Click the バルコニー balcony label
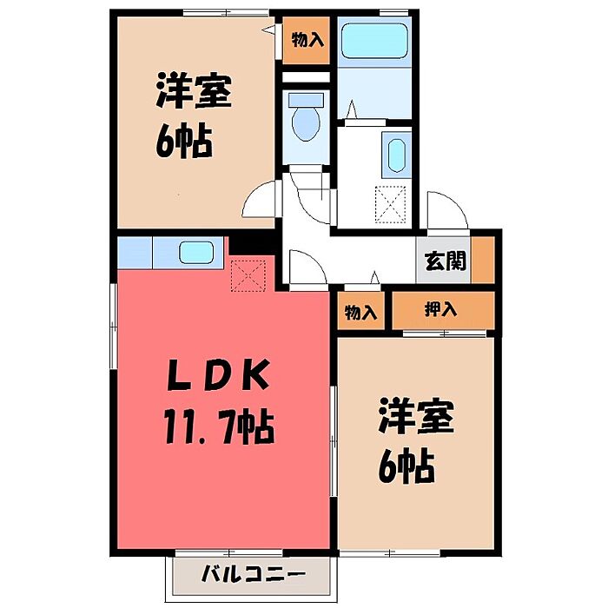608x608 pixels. click(254, 575)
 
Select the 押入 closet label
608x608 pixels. click(441, 310)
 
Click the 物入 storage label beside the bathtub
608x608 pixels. click(307, 40)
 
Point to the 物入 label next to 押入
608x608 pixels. click(360, 312)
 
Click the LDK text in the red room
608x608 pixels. click(218, 374)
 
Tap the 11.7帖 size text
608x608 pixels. click(219, 427)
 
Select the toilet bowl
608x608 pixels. click(306, 123)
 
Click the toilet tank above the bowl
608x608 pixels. click(306, 99)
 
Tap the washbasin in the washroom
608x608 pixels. click(396, 155)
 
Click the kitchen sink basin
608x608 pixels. click(196, 253)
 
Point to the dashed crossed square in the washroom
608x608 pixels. click(390, 205)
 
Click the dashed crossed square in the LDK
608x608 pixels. click(248, 275)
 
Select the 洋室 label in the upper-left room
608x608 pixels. click(194, 91)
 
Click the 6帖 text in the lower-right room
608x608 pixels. click(406, 466)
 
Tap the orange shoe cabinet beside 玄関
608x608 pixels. click(483, 260)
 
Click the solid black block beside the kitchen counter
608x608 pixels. click(253, 245)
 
